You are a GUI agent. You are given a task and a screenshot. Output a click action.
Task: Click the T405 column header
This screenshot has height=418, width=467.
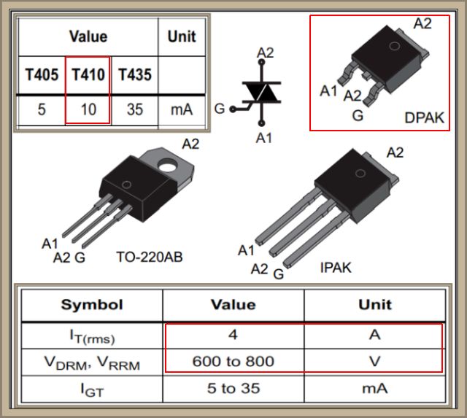pos(41,74)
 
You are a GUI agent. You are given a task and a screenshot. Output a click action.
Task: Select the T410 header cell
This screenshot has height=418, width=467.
pos(88,74)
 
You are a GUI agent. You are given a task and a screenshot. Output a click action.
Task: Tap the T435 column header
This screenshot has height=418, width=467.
pos(134,74)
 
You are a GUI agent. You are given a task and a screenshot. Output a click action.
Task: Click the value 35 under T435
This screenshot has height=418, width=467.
pos(134,110)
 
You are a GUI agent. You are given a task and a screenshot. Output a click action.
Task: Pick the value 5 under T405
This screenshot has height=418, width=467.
pos(41,110)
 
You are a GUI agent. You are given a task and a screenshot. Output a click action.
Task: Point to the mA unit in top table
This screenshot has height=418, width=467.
pos(181,110)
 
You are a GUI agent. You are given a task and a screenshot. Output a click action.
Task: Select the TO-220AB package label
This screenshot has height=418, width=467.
pos(149,257)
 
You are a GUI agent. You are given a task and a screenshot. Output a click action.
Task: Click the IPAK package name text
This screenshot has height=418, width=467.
pos(335,268)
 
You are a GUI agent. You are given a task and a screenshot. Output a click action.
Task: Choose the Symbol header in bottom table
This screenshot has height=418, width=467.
pos(91,304)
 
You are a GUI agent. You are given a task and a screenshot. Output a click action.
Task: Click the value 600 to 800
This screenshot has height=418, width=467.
pos(233,361)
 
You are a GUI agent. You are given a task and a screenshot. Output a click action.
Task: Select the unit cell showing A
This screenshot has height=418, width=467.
pos(374,335)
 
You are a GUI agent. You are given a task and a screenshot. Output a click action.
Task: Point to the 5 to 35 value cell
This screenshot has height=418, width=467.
pos(233,388)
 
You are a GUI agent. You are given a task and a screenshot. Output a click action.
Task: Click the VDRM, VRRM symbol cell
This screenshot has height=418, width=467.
pos(91,361)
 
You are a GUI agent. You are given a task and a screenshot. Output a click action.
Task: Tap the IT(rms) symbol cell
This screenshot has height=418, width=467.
pos(91,336)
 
